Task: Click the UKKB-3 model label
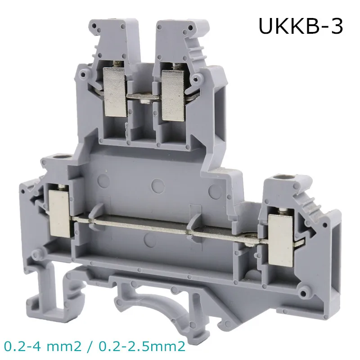301,27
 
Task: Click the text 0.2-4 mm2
43,346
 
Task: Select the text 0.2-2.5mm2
142,346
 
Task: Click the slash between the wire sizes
90,346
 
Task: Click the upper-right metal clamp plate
173,95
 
